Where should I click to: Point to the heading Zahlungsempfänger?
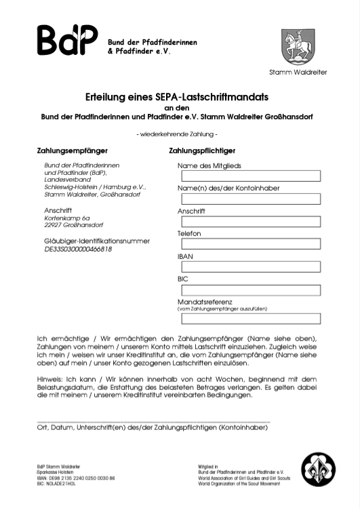(x=73, y=150)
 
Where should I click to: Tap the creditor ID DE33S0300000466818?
(x=78, y=249)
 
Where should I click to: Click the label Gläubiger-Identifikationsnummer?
(x=97, y=241)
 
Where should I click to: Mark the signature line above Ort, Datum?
(x=153, y=422)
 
